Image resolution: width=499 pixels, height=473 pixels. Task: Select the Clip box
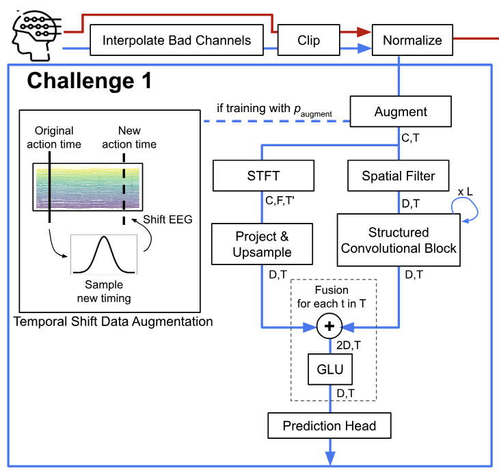(308, 40)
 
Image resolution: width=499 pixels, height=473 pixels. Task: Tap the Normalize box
(412, 40)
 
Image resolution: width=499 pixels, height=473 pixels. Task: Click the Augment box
(401, 112)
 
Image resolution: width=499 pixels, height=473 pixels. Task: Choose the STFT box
(263, 176)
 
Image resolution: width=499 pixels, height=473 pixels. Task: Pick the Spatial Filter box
(398, 176)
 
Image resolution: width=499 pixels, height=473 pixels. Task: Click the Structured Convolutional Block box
(398, 240)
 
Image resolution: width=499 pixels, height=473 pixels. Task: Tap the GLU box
(330, 370)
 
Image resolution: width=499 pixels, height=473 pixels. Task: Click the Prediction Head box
(329, 426)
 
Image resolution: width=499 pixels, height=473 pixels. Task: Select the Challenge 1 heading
(89, 81)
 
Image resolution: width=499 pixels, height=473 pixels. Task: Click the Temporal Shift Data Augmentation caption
(113, 321)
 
